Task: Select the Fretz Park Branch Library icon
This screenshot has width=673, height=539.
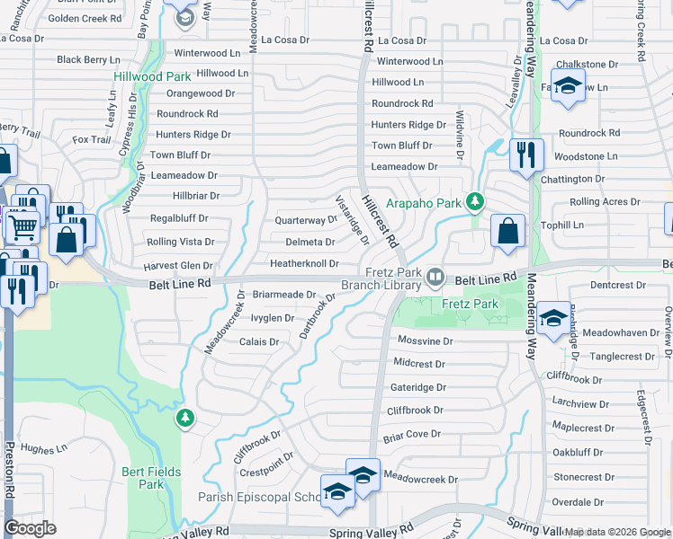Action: [x=436, y=276]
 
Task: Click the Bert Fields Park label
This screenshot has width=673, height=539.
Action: [x=151, y=478]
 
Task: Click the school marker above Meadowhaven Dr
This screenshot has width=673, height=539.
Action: [x=553, y=316]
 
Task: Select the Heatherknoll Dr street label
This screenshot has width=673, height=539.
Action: [x=304, y=264]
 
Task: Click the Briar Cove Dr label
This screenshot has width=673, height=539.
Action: [x=411, y=434]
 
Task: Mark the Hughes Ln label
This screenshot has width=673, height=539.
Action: [x=43, y=448]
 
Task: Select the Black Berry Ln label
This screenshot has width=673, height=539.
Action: [x=88, y=60]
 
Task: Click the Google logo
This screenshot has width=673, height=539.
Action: [x=30, y=528]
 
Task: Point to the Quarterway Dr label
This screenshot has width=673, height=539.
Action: [x=305, y=220]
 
